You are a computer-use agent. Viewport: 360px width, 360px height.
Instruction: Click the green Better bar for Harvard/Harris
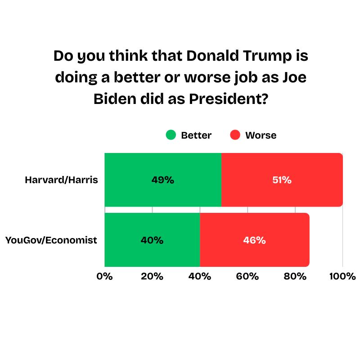(135, 180)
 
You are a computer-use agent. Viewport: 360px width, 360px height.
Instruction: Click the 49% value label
(163, 180)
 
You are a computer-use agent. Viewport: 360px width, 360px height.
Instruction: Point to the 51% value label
(282, 180)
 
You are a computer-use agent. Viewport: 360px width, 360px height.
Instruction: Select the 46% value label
(255, 240)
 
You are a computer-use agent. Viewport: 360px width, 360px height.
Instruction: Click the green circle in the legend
(171, 135)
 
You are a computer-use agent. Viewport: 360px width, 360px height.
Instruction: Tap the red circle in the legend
(235, 135)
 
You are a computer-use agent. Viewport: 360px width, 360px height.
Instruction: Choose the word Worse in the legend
(261, 135)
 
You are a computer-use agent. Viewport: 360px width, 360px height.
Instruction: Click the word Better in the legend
(196, 135)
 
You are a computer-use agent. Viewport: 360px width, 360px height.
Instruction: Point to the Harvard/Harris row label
(61, 180)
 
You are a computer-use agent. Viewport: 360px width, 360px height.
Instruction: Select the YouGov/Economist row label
(51, 240)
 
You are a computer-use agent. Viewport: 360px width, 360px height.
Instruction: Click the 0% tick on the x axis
(105, 276)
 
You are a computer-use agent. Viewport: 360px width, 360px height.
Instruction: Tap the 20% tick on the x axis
(152, 276)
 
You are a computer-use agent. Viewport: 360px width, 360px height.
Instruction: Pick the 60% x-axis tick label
(247, 276)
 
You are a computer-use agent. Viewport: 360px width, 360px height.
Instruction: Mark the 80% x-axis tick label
(295, 276)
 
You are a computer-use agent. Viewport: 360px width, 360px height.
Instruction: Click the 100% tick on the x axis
(342, 276)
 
